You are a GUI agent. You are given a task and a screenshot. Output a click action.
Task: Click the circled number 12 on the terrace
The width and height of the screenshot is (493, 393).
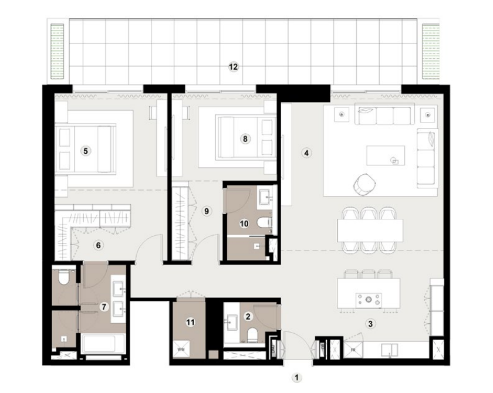point(233,67)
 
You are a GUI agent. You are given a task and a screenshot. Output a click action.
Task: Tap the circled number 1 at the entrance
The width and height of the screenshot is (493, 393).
point(297,378)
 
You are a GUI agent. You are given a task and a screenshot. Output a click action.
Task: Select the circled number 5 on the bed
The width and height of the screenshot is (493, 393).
point(86,151)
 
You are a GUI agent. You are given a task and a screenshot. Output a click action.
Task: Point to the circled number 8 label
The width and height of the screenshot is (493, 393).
point(245,139)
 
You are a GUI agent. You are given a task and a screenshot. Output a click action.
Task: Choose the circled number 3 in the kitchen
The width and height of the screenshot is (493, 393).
point(370,323)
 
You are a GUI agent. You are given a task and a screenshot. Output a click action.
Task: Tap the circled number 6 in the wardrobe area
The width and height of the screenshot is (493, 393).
point(99,245)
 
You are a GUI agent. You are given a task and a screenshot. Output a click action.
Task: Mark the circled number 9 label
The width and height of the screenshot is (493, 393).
point(205,211)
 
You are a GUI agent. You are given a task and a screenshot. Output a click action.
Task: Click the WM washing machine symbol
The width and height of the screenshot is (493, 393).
point(180,348)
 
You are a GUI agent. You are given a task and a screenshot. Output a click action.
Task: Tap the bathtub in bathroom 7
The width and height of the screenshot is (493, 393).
point(102,343)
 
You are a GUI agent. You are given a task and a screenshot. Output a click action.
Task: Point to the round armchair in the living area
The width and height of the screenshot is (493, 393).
point(364,184)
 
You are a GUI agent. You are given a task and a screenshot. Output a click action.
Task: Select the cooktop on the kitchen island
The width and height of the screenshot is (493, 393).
point(369,300)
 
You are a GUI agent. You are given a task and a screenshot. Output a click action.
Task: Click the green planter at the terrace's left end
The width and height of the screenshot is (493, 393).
point(57,51)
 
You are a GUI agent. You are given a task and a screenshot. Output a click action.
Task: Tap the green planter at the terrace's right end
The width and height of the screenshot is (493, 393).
point(431,51)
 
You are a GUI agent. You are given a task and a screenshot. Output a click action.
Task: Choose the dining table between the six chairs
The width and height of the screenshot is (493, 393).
point(370,229)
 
